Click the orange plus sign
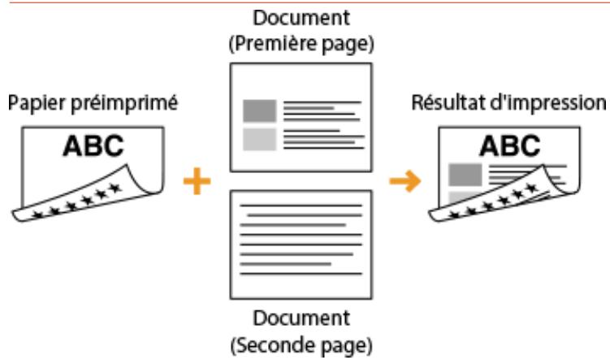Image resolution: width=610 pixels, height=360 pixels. tap(197, 181)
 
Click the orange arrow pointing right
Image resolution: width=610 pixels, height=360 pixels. tap(405, 181)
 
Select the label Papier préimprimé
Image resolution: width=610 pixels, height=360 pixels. tap(93, 103)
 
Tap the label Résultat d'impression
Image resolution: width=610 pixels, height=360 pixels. tap(508, 103)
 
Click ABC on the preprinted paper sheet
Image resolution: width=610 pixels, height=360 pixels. tap(93, 146)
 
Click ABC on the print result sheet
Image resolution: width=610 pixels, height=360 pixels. tap(510, 146)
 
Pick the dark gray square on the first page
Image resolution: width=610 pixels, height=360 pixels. tap(259, 111)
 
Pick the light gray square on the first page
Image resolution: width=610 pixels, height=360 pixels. tap(259, 139)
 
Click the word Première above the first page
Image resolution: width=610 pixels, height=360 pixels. tap(276, 44)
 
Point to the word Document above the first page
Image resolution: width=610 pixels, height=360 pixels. tap(301, 18)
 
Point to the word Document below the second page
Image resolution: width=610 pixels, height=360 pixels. tap(301, 318)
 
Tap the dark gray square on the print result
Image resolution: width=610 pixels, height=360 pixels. tap(465, 175)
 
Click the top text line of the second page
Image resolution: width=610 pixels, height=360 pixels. tap(301, 206)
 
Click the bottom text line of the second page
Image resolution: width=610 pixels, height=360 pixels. tap(301, 274)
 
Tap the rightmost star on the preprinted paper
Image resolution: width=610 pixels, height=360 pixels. tap(115, 189)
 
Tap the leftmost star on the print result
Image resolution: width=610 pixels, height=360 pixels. tap(454, 215)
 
